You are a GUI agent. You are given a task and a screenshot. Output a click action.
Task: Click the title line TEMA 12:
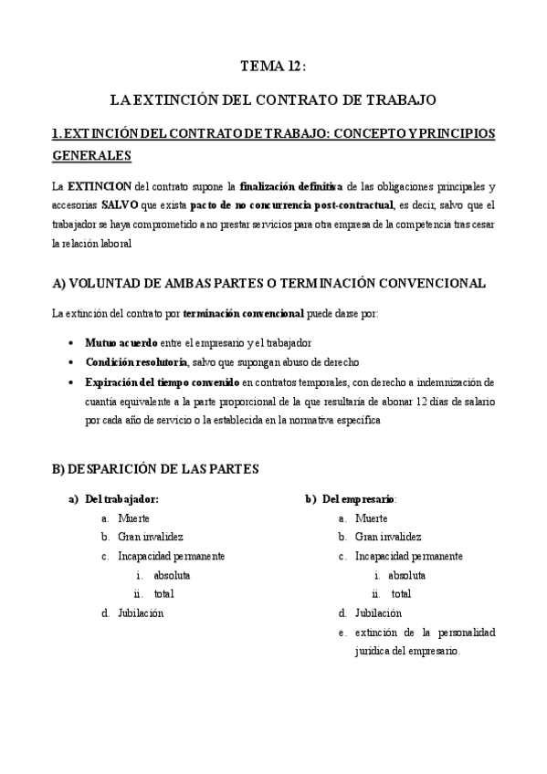[273, 67]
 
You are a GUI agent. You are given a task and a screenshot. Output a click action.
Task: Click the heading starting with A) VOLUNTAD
[269, 284]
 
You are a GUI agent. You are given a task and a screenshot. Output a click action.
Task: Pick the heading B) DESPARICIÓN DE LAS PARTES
[156, 469]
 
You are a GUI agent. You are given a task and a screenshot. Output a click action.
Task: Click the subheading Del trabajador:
[121, 499]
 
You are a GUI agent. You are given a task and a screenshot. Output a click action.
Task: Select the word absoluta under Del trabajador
[172, 575]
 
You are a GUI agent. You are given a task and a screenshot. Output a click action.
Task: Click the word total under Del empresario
[401, 594]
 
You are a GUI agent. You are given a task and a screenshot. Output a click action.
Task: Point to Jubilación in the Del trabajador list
[141, 613]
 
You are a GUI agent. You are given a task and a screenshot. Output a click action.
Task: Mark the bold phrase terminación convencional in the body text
[243, 314]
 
